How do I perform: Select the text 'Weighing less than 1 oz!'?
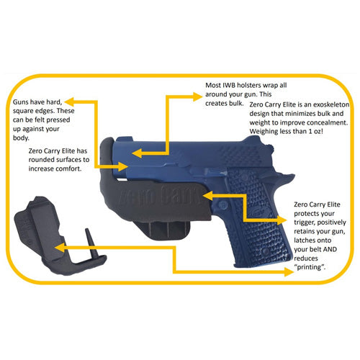coord(286,132)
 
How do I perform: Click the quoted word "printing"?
coord(310,267)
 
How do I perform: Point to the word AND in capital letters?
coord(330,249)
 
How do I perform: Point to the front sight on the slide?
coord(122,139)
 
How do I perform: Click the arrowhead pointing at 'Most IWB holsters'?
coord(197,97)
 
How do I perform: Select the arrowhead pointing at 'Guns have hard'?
coord(70,102)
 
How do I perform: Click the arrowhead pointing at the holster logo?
coord(208,196)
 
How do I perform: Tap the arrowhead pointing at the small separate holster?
coord(60,248)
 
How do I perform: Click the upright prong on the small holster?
coord(91,242)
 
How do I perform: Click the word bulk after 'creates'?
coord(236,104)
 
